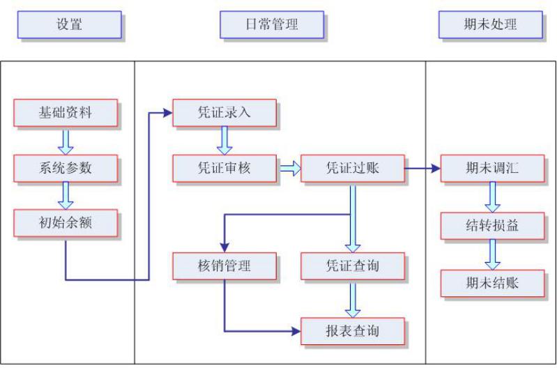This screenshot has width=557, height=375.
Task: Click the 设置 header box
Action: coord(69,24)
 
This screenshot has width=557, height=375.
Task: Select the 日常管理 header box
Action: coord(272,24)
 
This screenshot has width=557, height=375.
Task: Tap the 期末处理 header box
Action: coord(491,24)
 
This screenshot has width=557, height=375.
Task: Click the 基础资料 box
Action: coord(65,113)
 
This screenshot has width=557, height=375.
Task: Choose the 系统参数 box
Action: coord(65,168)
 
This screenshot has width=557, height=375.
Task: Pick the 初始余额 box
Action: coord(65,223)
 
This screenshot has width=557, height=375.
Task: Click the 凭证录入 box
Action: coord(224,113)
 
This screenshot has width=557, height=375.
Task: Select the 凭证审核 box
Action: coord(224,168)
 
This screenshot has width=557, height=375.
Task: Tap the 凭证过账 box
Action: coord(353,168)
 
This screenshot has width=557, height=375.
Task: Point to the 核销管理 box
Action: coord(224,265)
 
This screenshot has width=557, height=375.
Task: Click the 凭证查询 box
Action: coord(353,265)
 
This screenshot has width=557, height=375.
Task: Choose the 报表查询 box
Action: coord(353,330)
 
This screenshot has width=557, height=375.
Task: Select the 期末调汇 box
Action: coord(492,168)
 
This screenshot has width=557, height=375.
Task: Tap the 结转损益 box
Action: coord(492,226)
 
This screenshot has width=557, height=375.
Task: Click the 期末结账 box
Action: coord(492,283)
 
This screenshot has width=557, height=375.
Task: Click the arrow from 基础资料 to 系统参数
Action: coord(66,140)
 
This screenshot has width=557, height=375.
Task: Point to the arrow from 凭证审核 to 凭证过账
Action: coord(289,168)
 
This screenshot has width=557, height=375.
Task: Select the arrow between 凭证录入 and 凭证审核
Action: coord(224,140)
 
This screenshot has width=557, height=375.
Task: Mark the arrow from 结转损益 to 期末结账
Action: coord(492,254)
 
